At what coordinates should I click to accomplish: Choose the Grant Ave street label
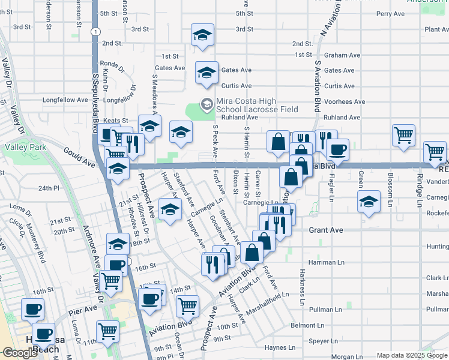pos(326,230)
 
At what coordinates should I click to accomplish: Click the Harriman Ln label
pos(326,262)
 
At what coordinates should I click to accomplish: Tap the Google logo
pos(20,353)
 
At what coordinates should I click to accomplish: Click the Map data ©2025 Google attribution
pos(412,355)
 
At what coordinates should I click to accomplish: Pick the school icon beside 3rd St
pos(203,35)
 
